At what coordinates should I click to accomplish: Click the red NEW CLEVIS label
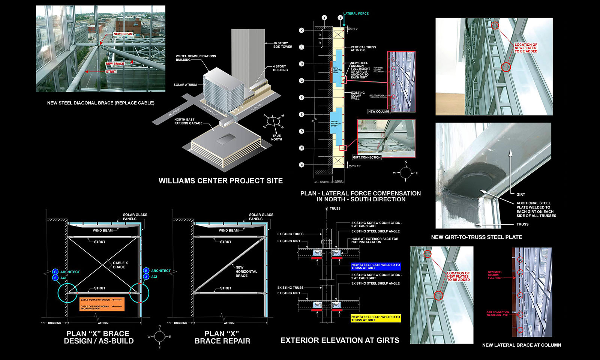point(123,34)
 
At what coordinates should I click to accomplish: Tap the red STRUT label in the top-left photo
point(111,72)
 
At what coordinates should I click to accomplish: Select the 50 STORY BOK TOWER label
point(283,45)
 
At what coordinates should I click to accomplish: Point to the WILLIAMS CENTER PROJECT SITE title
point(220,181)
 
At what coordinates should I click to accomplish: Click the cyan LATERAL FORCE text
point(356,13)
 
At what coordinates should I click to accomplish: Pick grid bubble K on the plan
point(301,30)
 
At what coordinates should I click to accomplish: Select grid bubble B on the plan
point(301,165)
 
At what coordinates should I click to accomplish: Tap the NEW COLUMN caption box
point(378,111)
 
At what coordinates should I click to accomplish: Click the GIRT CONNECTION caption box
point(366,157)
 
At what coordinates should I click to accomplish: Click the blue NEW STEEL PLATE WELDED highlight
point(375,266)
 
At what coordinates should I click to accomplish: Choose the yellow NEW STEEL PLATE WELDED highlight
point(375,318)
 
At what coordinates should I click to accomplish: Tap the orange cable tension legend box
point(102,304)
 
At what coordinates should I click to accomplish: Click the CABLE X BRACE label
point(120,265)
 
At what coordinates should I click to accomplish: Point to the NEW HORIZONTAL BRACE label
point(246,271)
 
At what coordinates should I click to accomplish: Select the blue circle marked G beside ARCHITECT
point(55,272)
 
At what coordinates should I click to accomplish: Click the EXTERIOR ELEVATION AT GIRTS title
point(340,340)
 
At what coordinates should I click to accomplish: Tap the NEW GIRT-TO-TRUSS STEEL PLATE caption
point(476,237)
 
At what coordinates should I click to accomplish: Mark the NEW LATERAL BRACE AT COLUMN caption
point(521,345)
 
